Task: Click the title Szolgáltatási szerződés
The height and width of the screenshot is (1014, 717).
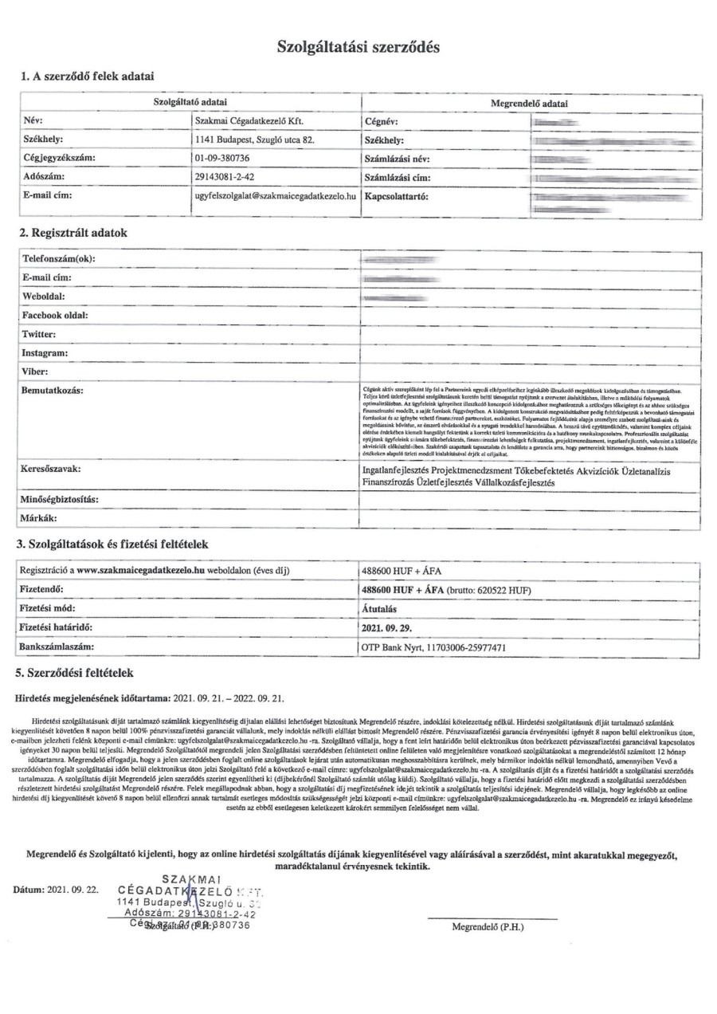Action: pyautogui.click(x=358, y=47)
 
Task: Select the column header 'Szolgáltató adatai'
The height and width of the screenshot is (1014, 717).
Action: pyautogui.click(x=190, y=103)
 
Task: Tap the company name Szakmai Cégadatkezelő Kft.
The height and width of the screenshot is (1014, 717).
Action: pyautogui.click(x=249, y=121)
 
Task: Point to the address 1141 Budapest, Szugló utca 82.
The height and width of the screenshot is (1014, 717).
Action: pyautogui.click(x=255, y=140)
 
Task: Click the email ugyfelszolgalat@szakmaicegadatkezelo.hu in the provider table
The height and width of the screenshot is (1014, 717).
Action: pyautogui.click(x=275, y=195)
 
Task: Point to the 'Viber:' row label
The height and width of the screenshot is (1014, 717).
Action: pyautogui.click(x=36, y=371)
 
